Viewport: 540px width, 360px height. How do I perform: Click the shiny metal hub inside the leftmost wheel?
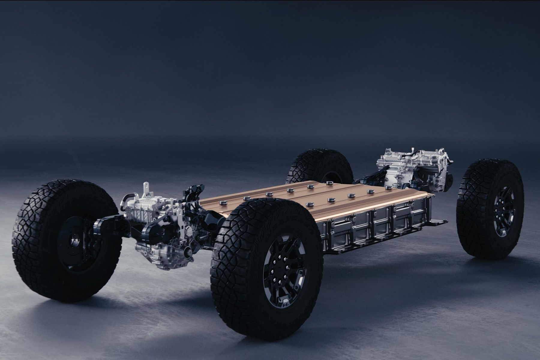[73, 240]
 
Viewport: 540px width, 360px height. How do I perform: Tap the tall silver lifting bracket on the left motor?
[146, 189]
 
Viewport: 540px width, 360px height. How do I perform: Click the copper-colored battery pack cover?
[315, 198]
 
